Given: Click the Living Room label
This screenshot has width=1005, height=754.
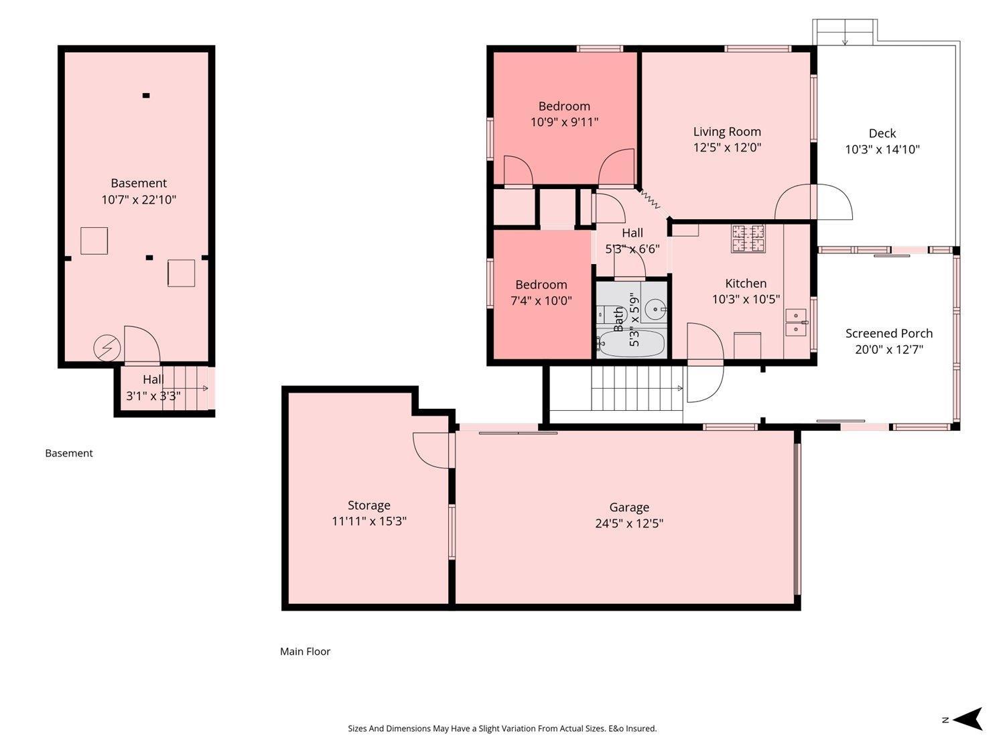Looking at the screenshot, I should pyautogui.click(x=727, y=132).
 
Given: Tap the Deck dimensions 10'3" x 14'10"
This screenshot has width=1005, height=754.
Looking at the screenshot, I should pyautogui.click(x=882, y=149).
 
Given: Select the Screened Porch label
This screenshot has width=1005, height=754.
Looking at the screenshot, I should pyautogui.click(x=888, y=333).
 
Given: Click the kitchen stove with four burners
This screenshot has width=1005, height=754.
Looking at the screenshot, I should pyautogui.click(x=747, y=239).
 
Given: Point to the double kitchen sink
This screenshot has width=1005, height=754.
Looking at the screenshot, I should pyautogui.click(x=795, y=322).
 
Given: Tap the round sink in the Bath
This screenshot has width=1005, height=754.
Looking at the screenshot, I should pyautogui.click(x=655, y=310).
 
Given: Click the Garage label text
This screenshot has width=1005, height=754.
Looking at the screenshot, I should pyautogui.click(x=628, y=507).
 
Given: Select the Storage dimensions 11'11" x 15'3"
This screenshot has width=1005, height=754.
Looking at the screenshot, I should pyautogui.click(x=368, y=521).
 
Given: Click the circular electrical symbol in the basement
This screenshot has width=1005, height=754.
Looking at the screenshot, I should pyautogui.click(x=107, y=349).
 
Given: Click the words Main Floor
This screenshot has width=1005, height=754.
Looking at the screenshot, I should pyautogui.click(x=305, y=651).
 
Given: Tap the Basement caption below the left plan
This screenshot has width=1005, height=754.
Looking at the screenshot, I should pyautogui.click(x=68, y=453).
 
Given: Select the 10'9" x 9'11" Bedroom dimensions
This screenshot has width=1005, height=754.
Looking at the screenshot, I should pyautogui.click(x=564, y=122).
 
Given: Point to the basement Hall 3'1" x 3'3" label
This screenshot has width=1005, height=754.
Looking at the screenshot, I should pyautogui.click(x=153, y=388).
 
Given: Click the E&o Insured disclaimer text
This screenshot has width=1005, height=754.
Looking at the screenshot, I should pyautogui.click(x=502, y=729).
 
